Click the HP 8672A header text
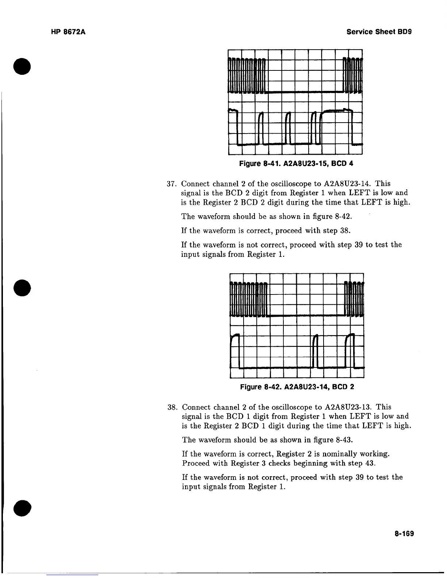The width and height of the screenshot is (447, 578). point(68,32)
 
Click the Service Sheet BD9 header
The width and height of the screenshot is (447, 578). point(379,32)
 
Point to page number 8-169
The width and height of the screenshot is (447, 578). point(404,534)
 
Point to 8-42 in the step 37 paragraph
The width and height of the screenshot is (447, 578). point(343,216)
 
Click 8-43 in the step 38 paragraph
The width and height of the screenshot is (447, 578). point(344,440)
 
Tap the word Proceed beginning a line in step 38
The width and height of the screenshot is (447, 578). point(195,463)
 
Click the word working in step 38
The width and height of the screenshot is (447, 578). point(376,454)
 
